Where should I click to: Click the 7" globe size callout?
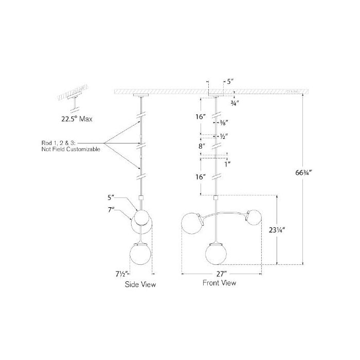click(112, 209)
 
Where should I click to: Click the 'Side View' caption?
click(140, 284)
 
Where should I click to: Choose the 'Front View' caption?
click(220, 282)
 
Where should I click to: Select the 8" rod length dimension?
click(202, 146)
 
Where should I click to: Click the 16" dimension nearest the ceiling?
click(201, 117)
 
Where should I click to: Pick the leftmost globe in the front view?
click(191, 222)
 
